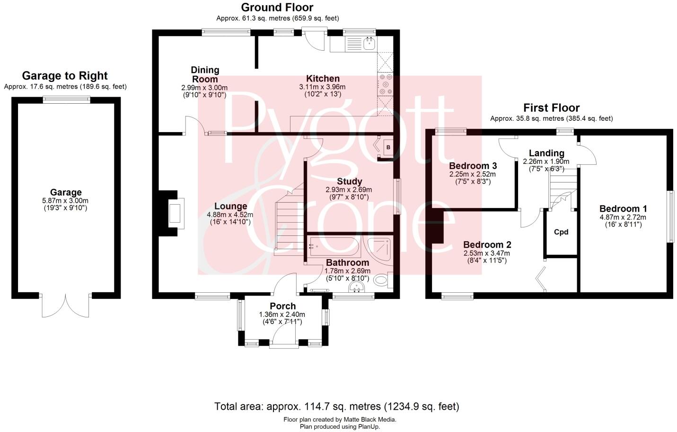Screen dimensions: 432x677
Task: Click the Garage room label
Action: pos(66,192)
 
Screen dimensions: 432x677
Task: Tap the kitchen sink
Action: pos(369,45)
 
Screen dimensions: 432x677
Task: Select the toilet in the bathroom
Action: pos(380,281)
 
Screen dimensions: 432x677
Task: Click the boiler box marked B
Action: pos(387,148)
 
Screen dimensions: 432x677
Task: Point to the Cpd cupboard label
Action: pos(561,232)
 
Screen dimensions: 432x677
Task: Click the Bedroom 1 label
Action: pos(623,209)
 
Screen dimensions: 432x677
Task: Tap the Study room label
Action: pos(349,181)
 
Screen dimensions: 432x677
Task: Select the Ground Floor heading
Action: pos(277,7)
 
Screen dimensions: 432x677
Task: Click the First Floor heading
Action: pos(551,108)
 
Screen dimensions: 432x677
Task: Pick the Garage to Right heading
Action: pos(65,76)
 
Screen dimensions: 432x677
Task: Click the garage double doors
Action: pos(66,305)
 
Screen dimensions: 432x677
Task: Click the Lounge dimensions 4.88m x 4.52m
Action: pos(230,215)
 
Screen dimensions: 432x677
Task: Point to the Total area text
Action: pos(336,406)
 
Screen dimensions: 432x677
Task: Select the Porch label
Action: pos(282,306)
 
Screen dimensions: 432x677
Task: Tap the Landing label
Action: pos(546,153)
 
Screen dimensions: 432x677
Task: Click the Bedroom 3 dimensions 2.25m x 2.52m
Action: pos(473,174)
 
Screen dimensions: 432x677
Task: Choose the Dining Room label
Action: pos(204,75)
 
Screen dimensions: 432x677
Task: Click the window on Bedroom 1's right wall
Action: pos(670,217)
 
